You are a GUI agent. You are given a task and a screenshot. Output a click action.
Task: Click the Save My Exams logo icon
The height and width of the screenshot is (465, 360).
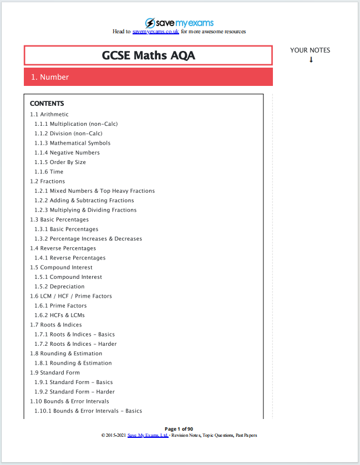click(x=150, y=23)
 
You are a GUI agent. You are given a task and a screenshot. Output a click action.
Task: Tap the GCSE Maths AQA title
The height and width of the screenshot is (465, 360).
click(x=148, y=55)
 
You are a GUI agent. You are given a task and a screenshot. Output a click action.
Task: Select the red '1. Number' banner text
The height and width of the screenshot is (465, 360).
click(x=50, y=77)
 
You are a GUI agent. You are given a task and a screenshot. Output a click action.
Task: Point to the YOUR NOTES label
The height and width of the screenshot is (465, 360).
click(x=310, y=50)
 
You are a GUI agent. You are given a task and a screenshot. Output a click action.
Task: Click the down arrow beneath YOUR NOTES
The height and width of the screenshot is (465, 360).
click(x=311, y=60)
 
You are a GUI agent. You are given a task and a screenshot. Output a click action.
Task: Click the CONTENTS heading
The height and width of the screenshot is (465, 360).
click(x=47, y=104)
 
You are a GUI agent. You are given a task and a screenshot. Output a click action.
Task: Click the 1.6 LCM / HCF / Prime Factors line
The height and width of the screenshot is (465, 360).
click(x=71, y=296)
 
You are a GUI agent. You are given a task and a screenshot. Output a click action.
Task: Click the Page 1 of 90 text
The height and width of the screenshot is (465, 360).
click(x=179, y=429)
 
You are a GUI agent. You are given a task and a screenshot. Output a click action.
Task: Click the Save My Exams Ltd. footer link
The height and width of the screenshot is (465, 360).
click(x=148, y=436)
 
